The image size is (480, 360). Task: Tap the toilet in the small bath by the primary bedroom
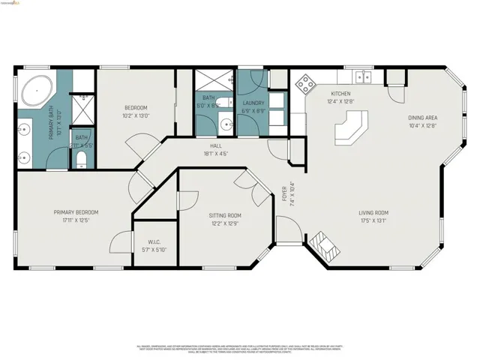click(82, 160)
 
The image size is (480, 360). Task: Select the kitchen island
click(351, 127)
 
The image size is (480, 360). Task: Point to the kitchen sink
click(363, 76)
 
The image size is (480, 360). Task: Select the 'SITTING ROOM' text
click(225, 215)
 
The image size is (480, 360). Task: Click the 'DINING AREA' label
click(423, 118)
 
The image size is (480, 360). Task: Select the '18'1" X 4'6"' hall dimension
click(215, 153)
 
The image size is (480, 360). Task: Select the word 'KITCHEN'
click(340, 94)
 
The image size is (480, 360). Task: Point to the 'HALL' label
click(215, 145)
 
